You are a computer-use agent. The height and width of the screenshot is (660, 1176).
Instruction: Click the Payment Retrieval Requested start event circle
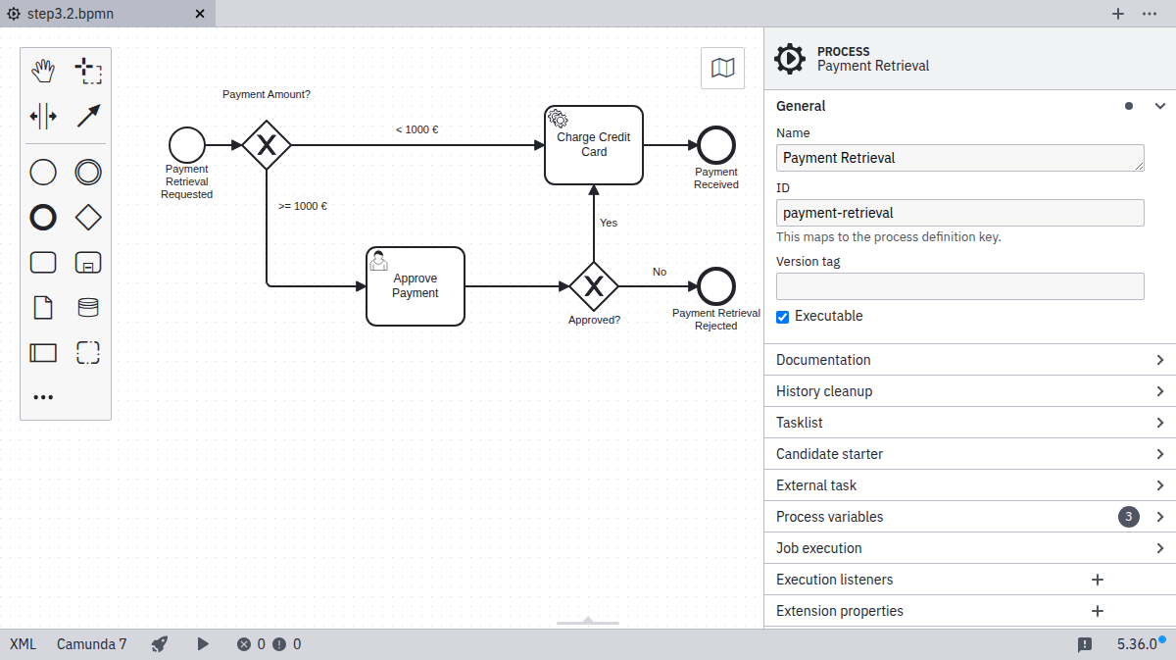[x=186, y=145]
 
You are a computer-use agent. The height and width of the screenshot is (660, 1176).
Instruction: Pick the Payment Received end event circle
[x=716, y=145]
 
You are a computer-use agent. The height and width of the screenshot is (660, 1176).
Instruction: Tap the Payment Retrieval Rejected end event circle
[x=716, y=286]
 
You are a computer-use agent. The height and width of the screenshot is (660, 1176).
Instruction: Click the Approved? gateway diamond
[x=594, y=286]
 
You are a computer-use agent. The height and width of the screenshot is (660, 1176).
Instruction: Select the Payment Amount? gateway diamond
[x=267, y=145]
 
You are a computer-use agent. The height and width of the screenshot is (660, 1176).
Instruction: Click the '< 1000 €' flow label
[x=416, y=129]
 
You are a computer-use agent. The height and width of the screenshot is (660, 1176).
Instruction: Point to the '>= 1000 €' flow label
[x=303, y=207]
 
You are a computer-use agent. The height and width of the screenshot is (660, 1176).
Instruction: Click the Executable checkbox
[x=783, y=317]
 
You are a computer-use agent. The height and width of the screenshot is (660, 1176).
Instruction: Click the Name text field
[x=959, y=158]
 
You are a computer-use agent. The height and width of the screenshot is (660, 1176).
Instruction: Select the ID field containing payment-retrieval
[x=959, y=213]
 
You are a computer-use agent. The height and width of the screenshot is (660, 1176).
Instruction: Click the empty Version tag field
[x=959, y=286]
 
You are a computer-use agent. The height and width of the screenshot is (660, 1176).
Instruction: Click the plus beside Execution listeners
[x=1098, y=580]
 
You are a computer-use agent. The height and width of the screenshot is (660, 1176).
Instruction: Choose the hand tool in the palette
[x=43, y=71]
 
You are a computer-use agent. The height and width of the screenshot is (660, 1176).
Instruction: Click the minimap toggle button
[x=722, y=68]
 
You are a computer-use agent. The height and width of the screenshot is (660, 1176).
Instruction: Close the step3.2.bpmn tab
[x=200, y=14]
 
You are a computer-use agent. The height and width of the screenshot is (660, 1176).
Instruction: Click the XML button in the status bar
[x=23, y=644]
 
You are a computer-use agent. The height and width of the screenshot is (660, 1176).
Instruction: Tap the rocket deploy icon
[x=160, y=644]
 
